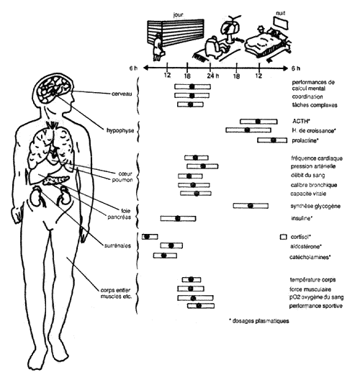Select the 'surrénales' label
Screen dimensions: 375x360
coord(117,245)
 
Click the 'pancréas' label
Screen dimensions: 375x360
coord(120,217)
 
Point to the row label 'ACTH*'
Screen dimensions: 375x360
coord(302,121)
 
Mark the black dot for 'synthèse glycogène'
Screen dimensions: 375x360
coord(249,206)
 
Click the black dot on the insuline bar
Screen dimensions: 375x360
coord(178,218)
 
